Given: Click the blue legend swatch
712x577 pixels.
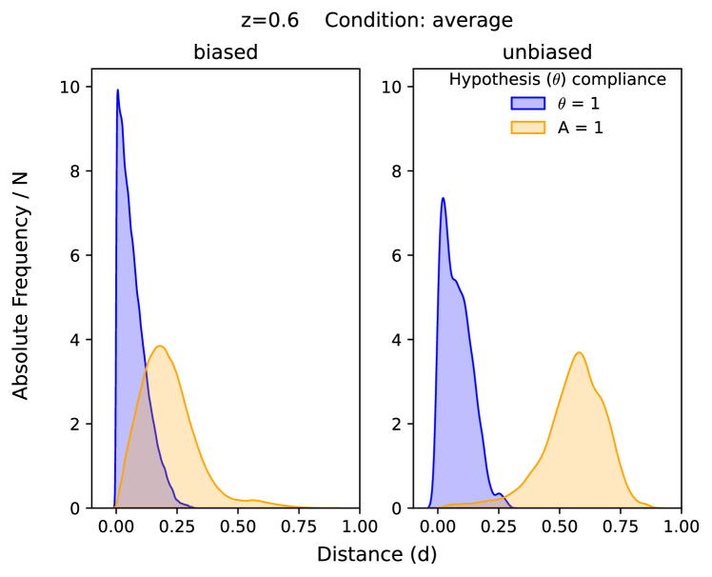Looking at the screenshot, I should (x=527, y=103).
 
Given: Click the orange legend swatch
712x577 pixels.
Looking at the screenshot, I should (x=527, y=127).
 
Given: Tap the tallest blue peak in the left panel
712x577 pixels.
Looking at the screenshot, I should (x=117, y=90).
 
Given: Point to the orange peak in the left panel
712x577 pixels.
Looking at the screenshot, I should (x=160, y=347).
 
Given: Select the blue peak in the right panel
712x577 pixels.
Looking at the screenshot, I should (x=443, y=199).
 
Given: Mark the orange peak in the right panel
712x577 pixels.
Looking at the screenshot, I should (x=579, y=353).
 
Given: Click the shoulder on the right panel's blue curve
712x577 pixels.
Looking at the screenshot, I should (x=459, y=282).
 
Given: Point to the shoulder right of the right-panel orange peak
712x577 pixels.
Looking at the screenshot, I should (x=601, y=396).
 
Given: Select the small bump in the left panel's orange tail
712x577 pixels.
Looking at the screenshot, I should (x=253, y=499).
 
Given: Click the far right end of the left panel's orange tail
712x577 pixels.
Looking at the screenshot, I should (x=337, y=507).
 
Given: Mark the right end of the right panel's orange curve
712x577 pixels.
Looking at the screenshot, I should (x=663, y=507).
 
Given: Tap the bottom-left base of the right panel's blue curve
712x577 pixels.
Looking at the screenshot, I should (x=428, y=506).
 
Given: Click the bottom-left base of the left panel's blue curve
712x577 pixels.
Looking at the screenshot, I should (x=114, y=506).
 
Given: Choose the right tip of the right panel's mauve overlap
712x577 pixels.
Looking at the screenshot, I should (x=512, y=506).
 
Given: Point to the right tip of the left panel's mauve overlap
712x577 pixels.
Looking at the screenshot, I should (x=193, y=506).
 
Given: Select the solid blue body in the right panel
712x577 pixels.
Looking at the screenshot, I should (x=455, y=381).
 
